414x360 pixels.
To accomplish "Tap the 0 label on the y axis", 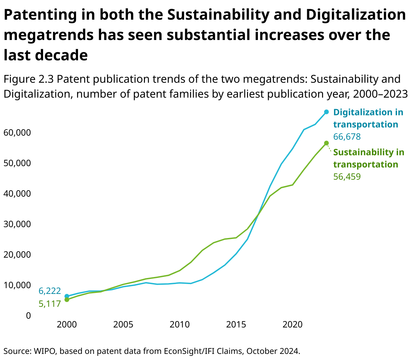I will click(28, 316).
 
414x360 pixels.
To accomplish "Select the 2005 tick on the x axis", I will click(123, 324).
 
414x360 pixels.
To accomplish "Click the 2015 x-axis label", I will click(236, 324).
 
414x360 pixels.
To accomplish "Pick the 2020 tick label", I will click(293, 324).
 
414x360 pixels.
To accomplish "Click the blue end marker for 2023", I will click(326, 112).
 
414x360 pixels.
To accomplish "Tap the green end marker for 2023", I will click(326, 143).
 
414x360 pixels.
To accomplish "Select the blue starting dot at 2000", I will click(67, 296).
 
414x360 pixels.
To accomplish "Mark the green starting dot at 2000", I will click(67, 300).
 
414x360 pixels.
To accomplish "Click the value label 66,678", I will click(347, 137).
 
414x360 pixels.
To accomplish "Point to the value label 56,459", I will click(347, 177).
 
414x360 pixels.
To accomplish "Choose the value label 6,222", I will click(50, 291).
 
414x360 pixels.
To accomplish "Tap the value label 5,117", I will click(50, 304).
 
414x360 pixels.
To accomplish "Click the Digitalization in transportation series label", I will click(368, 118).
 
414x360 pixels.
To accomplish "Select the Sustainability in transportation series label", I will click(369, 158).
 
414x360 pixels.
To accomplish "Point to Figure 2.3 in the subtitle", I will click(29, 79).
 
